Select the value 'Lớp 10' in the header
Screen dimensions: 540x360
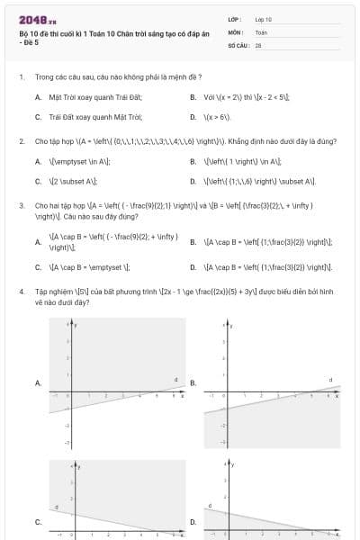264,18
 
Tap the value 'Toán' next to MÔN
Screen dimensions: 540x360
261,31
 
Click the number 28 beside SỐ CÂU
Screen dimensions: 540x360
258,44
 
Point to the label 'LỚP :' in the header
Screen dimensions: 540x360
235,18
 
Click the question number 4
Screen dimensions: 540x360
22,292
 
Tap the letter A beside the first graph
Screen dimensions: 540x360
38,382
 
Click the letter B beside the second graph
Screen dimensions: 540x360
193,382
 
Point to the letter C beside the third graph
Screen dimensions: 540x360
38,521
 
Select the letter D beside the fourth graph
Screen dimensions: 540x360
193,521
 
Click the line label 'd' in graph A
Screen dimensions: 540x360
175,379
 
